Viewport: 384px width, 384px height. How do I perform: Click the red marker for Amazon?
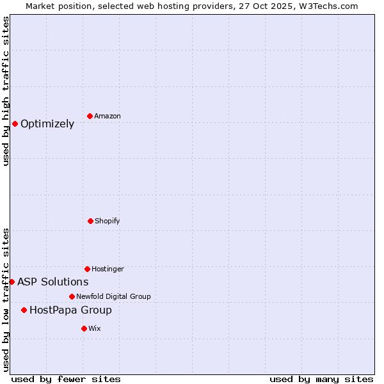[x=90, y=116]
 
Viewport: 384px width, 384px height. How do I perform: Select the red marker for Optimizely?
[x=15, y=124]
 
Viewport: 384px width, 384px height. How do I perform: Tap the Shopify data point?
[x=90, y=221]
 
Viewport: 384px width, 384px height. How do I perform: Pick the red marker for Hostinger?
[x=87, y=269]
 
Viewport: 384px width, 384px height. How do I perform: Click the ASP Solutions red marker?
[x=12, y=282]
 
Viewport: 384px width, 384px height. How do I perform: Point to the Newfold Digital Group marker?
[x=72, y=296]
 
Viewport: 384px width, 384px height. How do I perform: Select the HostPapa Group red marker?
[x=24, y=310]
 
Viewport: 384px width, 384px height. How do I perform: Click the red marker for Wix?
[x=84, y=328]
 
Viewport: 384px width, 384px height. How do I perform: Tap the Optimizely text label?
[x=47, y=124]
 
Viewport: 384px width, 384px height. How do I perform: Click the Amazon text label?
[x=108, y=116]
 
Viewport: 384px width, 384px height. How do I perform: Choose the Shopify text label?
[x=108, y=221]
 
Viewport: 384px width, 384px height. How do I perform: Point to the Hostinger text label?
[x=108, y=269]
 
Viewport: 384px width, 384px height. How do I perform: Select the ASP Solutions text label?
[x=53, y=282]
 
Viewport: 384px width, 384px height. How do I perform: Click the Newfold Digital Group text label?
[x=113, y=296]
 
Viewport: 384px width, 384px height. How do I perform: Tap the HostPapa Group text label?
[x=70, y=310]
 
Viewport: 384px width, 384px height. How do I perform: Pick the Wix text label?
[x=95, y=328]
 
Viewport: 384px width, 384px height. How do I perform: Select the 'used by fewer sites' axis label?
[x=66, y=379]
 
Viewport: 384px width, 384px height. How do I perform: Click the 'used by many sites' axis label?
[x=321, y=379]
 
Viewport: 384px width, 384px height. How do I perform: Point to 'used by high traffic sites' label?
[x=6, y=91]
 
